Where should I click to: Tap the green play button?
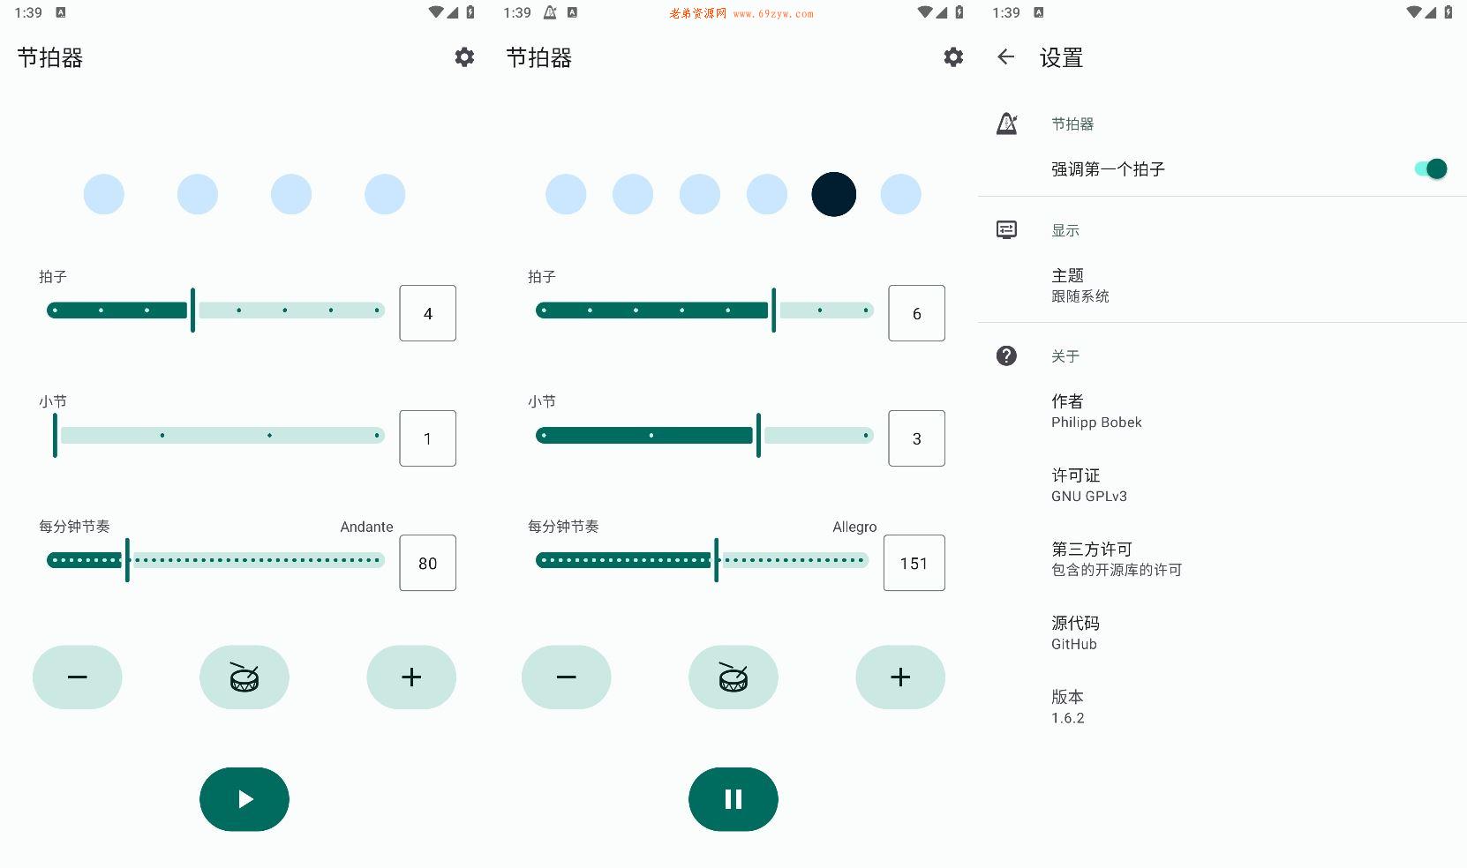244,798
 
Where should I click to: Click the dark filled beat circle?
834,194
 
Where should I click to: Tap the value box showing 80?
428,563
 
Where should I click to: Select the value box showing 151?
914,563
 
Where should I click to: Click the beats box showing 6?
917,313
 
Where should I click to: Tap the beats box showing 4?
428,313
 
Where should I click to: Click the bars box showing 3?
917,438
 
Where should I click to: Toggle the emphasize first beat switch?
1430,168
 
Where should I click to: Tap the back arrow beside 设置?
1006,57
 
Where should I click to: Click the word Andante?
367,527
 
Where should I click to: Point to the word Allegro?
854,527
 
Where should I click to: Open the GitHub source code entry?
1074,644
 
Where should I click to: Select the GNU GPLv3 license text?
1089,496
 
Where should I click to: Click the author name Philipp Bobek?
1096,423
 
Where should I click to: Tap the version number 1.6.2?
1067,718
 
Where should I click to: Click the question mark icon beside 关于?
1006,356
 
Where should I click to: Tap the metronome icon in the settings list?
1006,123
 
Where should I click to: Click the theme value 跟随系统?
1080,296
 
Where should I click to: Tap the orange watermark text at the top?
741,13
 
